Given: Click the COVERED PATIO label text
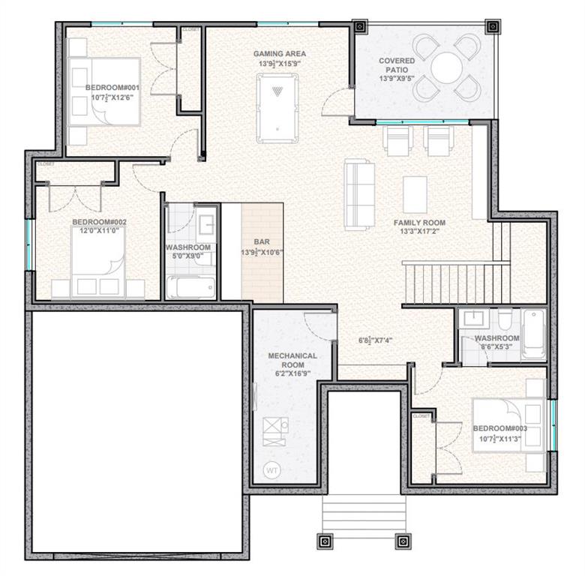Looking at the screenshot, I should point(397,65).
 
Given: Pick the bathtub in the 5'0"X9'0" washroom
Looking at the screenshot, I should point(190,287).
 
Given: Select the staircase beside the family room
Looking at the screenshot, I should point(455,281).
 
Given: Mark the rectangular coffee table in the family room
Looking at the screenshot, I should point(415,194).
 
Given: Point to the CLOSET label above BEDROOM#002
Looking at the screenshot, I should point(46,163).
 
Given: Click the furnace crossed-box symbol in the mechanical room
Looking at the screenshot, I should point(270,427).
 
